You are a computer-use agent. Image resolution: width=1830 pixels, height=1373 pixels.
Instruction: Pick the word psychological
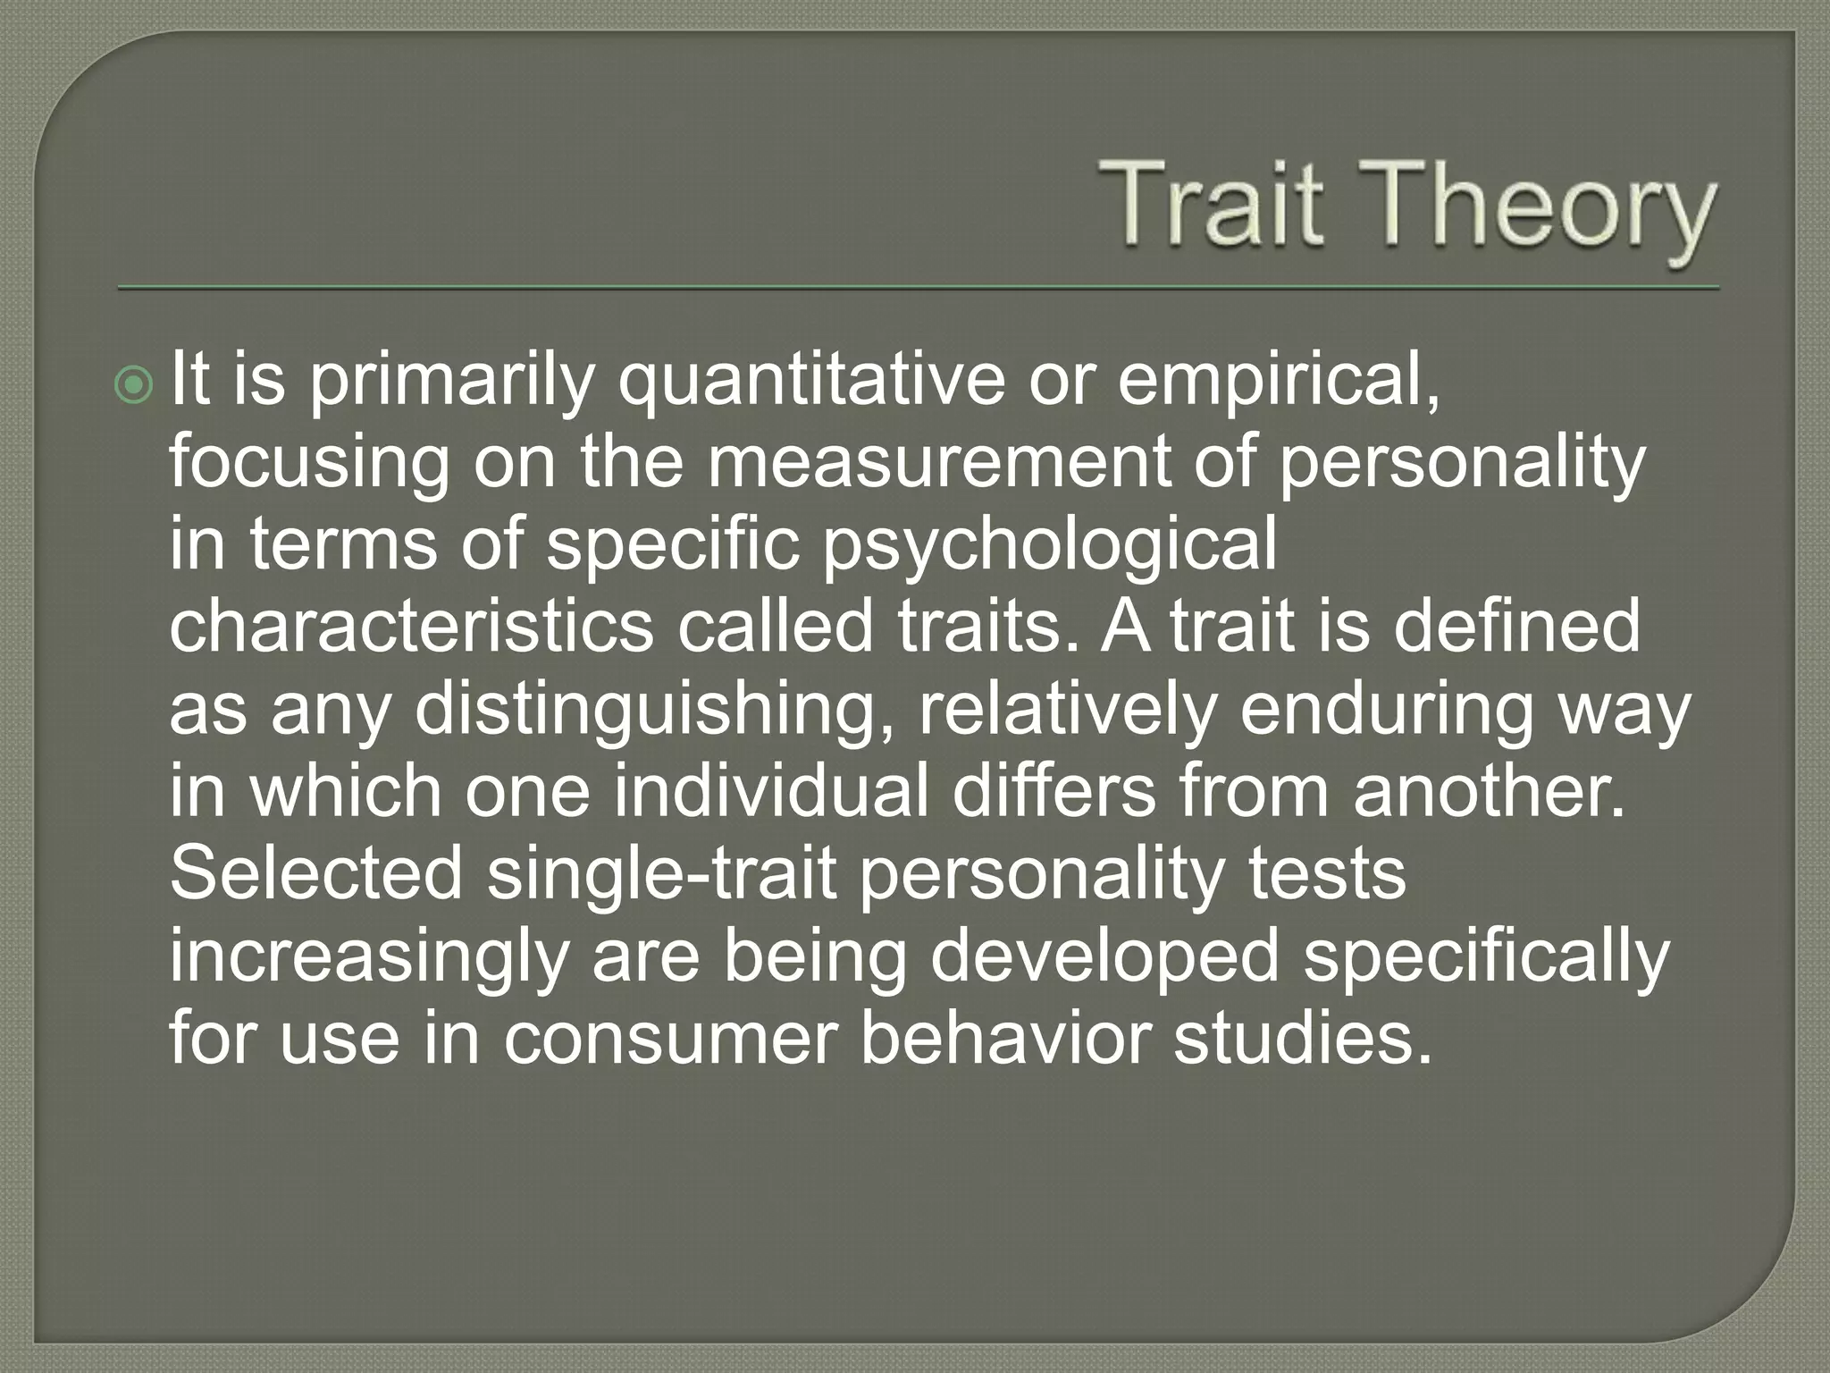click(x=1050, y=544)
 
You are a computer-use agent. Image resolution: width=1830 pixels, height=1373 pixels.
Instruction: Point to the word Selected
click(x=316, y=873)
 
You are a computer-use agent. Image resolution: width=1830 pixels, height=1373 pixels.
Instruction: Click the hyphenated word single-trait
click(x=661, y=874)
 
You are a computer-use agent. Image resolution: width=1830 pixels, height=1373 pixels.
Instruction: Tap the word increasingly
click(x=369, y=957)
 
